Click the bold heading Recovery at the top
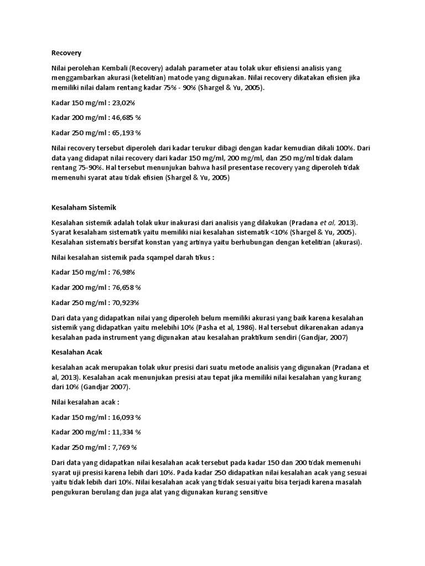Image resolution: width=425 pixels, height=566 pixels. click(66, 53)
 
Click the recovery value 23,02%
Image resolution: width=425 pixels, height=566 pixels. click(123, 103)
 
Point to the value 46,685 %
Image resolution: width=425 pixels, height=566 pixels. click(126, 118)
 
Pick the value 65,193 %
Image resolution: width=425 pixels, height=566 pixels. click(126, 133)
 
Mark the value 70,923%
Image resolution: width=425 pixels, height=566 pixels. click(125, 302)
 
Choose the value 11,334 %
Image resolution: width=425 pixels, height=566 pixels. click(126, 432)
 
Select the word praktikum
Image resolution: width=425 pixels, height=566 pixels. click(263, 337)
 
